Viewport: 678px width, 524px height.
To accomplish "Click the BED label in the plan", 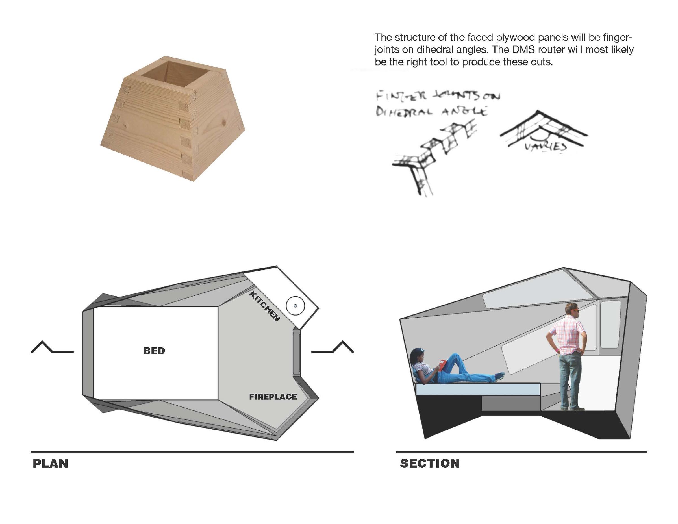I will [154, 351].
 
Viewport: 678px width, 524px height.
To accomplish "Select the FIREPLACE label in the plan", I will [273, 397].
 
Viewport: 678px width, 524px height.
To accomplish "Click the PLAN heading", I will [50, 464].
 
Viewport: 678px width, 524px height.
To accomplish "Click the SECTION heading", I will [430, 464].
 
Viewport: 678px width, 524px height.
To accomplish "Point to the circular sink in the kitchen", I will [295, 306].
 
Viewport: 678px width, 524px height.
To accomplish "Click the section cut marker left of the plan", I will [52, 348].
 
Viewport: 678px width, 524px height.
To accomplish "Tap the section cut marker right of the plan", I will [333, 348].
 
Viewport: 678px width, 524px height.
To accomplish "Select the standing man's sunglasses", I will [574, 311].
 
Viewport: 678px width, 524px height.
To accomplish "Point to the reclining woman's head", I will [417, 356].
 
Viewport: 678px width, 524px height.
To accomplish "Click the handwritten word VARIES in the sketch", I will [546, 147].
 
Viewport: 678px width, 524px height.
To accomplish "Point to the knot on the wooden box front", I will [125, 126].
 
